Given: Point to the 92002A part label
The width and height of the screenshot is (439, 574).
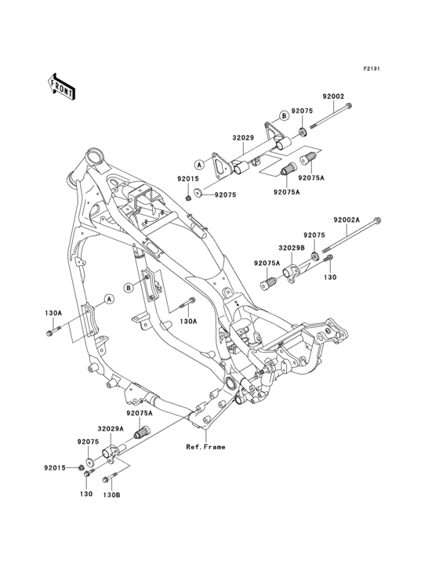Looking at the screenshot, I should [x=346, y=220].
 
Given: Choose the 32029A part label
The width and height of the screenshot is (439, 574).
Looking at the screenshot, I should [x=111, y=429].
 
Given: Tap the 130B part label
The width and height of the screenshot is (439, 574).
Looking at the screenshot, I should [x=113, y=495].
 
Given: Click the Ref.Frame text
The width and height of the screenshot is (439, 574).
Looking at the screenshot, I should [x=205, y=447].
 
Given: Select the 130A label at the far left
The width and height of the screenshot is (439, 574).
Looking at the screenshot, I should [x=53, y=312].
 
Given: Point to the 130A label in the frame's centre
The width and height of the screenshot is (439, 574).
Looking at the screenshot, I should [x=188, y=321].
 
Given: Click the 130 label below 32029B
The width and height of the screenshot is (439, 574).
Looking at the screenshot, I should [x=331, y=277].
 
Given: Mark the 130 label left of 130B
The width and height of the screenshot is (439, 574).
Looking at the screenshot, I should [x=86, y=495].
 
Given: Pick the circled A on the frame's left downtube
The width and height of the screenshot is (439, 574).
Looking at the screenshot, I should [x=110, y=299].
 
